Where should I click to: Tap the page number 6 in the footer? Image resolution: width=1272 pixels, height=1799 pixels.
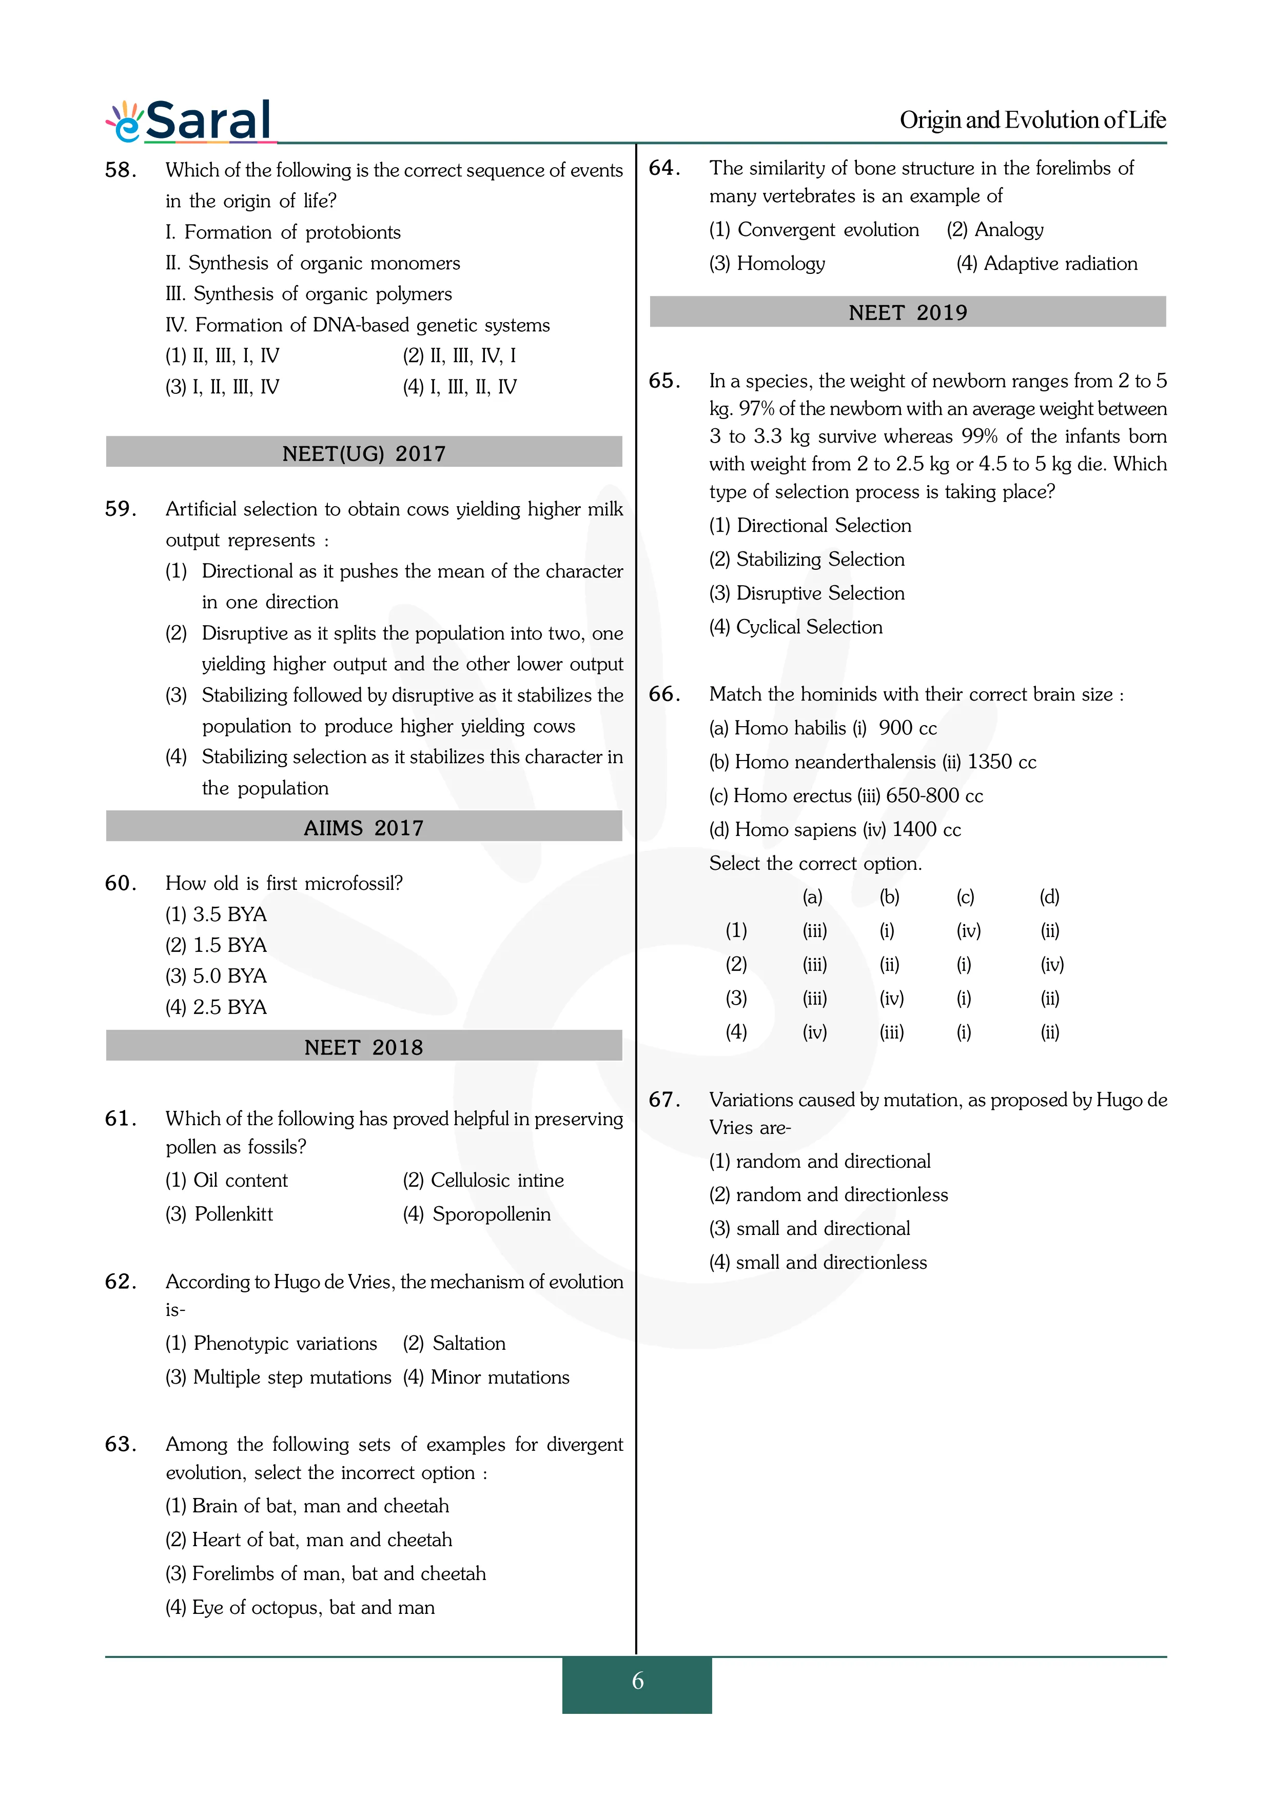[637, 1681]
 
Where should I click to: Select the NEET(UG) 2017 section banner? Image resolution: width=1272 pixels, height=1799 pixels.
[364, 453]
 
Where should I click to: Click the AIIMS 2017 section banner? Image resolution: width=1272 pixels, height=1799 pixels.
[364, 827]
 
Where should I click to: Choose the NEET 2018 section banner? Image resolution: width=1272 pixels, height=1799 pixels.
[364, 1047]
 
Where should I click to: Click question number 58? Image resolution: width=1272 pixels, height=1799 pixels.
[121, 170]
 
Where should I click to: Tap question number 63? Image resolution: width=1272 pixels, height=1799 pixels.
[121, 1444]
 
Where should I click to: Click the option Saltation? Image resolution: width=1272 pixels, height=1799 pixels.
[468, 1343]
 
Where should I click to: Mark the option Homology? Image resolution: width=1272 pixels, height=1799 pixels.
[780, 263]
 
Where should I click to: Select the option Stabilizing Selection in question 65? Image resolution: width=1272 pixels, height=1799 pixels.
[820, 559]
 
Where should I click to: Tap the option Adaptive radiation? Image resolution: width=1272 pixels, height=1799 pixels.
[1060, 263]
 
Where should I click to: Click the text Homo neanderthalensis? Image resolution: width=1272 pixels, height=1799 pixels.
[835, 762]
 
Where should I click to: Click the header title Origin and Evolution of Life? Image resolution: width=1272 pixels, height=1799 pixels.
[1032, 120]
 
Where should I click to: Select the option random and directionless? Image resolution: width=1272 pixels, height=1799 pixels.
[841, 1195]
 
